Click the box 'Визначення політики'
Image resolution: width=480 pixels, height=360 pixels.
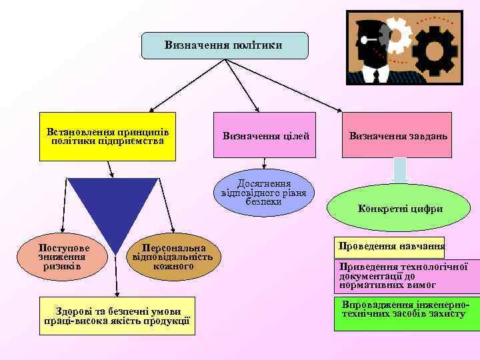[225, 45]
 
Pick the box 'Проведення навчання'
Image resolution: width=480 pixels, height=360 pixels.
[391, 247]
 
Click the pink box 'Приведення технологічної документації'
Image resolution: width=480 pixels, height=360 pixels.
[407, 275]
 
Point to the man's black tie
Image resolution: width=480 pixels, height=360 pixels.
[377, 73]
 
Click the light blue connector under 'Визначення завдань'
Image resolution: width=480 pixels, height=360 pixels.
[399, 169]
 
